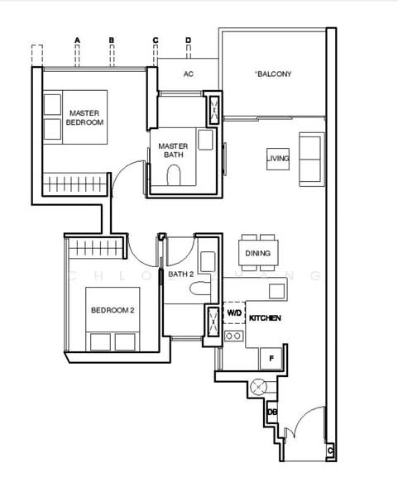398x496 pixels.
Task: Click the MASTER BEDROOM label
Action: (84, 117)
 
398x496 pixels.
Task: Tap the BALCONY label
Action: (273, 74)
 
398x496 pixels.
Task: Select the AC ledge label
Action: (189, 74)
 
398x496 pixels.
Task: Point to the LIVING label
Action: (278, 158)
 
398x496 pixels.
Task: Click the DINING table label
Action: (257, 253)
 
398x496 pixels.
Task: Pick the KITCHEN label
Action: (265, 318)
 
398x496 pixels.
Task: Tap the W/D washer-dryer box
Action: (234, 312)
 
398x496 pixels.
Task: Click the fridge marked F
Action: (271, 359)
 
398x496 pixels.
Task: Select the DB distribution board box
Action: (272, 413)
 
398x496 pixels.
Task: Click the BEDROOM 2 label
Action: (113, 310)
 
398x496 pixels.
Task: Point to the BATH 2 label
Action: (180, 274)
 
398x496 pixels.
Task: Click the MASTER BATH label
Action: (173, 150)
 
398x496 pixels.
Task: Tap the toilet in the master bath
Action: (174, 175)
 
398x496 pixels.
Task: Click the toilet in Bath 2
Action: (200, 289)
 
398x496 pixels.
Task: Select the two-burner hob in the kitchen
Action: (234, 336)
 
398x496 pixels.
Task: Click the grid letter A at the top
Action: (77, 41)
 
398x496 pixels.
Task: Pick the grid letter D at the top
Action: (189, 41)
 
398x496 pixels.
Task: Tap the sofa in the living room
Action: (312, 159)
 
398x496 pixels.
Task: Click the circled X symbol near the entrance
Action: (258, 387)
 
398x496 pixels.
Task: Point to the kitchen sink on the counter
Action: (276, 291)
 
